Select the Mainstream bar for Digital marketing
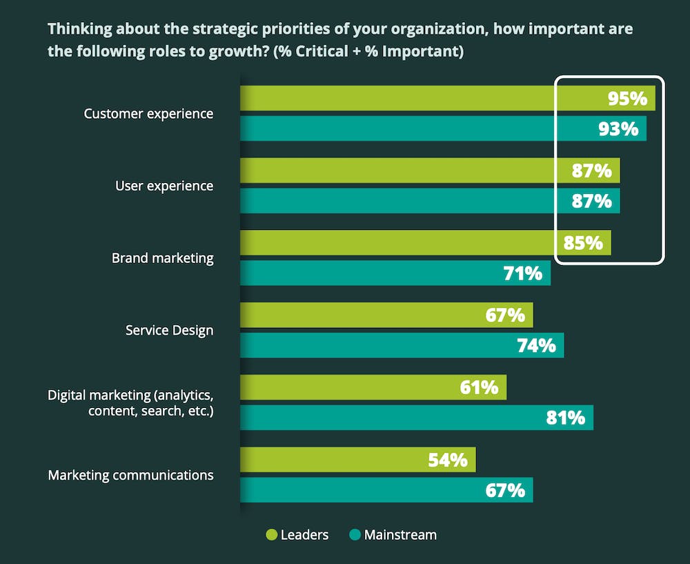[x=414, y=418]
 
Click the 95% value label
[x=627, y=99]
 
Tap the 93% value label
[x=618, y=129]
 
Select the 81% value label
[x=565, y=418]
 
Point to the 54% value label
[x=448, y=460]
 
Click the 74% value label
[x=536, y=345]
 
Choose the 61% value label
[x=479, y=387]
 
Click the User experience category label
[x=164, y=186]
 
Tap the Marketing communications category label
[x=130, y=475]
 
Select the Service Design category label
[x=169, y=331]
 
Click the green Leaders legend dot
[x=271, y=535]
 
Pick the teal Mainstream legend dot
[x=355, y=535]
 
